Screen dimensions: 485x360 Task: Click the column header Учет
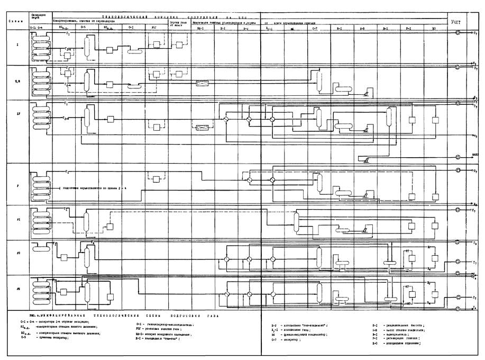tap(456, 22)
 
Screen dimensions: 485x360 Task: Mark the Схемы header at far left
tap(14, 21)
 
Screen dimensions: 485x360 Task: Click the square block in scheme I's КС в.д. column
tap(109, 50)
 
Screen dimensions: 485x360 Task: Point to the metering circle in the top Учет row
tap(459, 32)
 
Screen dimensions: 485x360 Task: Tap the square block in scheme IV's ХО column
tap(435, 120)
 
